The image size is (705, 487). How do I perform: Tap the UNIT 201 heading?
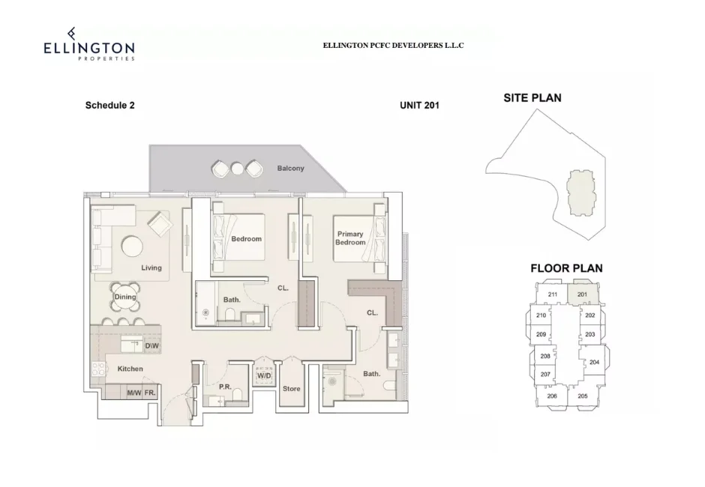(419, 106)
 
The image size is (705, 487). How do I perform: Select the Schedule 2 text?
(109, 106)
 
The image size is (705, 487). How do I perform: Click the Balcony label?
(290, 169)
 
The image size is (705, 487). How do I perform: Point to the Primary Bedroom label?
(350, 238)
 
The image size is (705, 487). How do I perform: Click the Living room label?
(151, 267)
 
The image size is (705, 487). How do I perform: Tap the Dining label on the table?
(125, 297)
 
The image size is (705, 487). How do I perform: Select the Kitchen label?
(130, 369)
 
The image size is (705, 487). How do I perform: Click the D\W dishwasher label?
(151, 346)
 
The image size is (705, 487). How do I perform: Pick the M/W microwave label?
(133, 393)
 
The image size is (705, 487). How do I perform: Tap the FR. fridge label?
(150, 393)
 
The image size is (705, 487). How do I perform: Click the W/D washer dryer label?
(263, 375)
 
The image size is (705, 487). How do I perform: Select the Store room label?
(291, 389)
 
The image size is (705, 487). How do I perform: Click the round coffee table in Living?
(132, 246)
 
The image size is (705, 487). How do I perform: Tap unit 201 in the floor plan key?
(583, 294)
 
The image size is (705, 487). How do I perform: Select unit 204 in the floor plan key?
(594, 362)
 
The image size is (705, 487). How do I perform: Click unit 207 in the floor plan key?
(545, 374)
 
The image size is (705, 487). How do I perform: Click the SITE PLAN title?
(532, 97)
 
